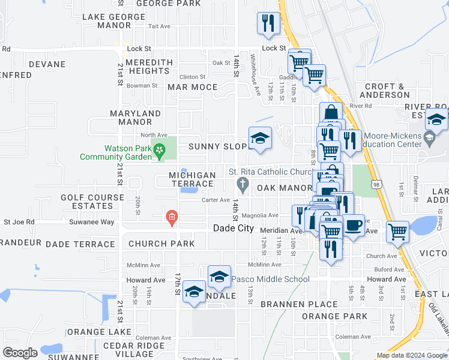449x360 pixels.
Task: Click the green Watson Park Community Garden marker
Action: pos(159,150)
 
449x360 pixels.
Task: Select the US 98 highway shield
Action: pos(375,186)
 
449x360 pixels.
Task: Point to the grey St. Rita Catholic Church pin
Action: pos(243,183)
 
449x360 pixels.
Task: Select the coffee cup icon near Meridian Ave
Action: pos(354,226)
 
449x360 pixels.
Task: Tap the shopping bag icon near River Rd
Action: pos(331,112)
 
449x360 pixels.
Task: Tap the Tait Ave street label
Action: pos(160,26)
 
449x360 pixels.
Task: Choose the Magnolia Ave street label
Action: pos(265,215)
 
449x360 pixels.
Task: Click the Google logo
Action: pos(20,352)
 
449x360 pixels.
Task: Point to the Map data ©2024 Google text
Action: pos(411,355)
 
